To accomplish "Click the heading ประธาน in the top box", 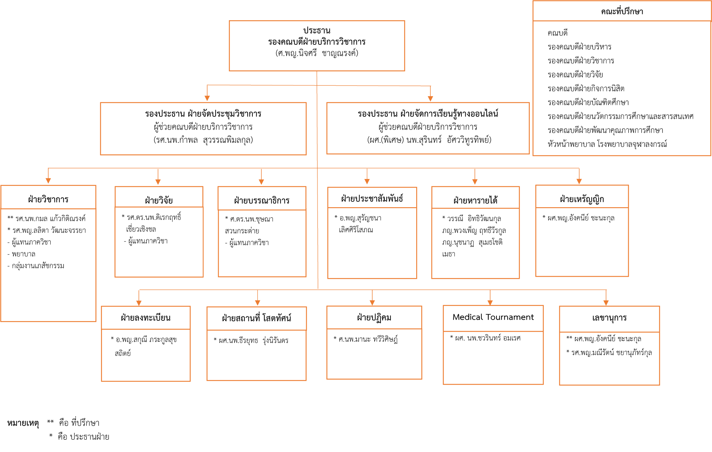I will tap(317, 30).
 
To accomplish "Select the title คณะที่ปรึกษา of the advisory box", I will tap(622, 12).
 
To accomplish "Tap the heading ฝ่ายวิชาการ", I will tap(48, 199).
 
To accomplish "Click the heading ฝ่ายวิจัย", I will tap(159, 200).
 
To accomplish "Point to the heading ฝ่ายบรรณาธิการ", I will tap(262, 200).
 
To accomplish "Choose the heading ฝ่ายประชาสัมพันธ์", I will tap(372, 199).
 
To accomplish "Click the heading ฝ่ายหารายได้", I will tap(475, 200).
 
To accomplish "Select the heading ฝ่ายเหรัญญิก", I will tap(582, 199).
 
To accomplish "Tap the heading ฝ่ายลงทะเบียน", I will tap(146, 318).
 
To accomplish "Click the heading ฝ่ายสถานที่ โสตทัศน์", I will tap(256, 318).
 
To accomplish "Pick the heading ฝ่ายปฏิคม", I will tap(374, 317).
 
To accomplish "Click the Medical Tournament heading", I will tap(493, 317).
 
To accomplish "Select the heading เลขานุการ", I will tap(609, 318).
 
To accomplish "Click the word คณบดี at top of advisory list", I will tap(558, 33).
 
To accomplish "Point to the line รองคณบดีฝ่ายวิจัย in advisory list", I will tap(575, 75).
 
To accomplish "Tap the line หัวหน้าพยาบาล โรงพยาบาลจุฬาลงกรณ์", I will tap(607, 144).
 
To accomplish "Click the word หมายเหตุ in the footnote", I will tap(23, 423).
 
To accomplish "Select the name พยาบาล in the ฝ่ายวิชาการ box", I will tap(24, 254).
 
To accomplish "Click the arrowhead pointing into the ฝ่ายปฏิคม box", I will tap(372, 303).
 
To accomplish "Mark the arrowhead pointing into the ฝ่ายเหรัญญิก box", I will tap(579, 182).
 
